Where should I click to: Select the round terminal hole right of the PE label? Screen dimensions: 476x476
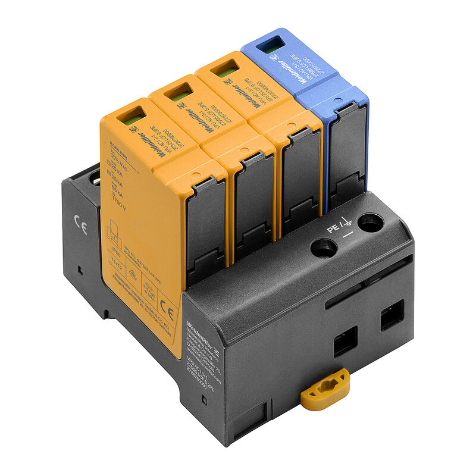pyautogui.click(x=371, y=223)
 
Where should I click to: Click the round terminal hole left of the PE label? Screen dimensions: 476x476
pyautogui.click(x=324, y=247)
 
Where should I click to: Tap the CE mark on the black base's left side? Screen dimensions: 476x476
pyautogui.click(x=80, y=227)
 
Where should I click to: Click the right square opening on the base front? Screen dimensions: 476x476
pyautogui.click(x=392, y=315)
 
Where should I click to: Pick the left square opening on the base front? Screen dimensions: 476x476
pyautogui.click(x=345, y=341)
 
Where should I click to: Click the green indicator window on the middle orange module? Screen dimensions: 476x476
pyautogui.click(x=179, y=92)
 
